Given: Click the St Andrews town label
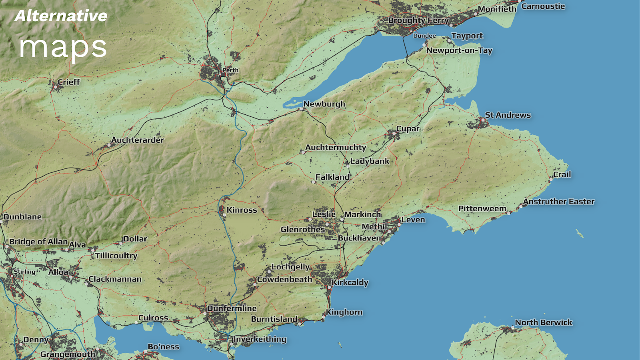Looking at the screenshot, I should (508, 115).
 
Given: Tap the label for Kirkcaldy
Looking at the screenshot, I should (350, 282).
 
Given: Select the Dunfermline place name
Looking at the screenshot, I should (232, 308).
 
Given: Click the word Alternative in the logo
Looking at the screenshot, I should (61, 16).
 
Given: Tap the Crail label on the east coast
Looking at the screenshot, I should (562, 175).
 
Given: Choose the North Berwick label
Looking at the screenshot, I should (543, 322).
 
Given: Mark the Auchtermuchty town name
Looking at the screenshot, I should (335, 148).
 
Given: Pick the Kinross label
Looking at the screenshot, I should (242, 210).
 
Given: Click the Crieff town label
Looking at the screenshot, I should (69, 82).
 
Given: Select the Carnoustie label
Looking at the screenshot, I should (543, 6).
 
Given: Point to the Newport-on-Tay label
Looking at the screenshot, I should (459, 50).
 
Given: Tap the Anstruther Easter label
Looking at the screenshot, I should (558, 202).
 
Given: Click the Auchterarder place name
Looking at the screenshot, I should (137, 140).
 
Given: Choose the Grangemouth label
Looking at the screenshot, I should (68, 354).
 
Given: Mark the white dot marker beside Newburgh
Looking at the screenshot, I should (301, 108).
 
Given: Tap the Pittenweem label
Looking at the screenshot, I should (482, 208).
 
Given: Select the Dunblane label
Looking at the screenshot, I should (22, 217).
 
